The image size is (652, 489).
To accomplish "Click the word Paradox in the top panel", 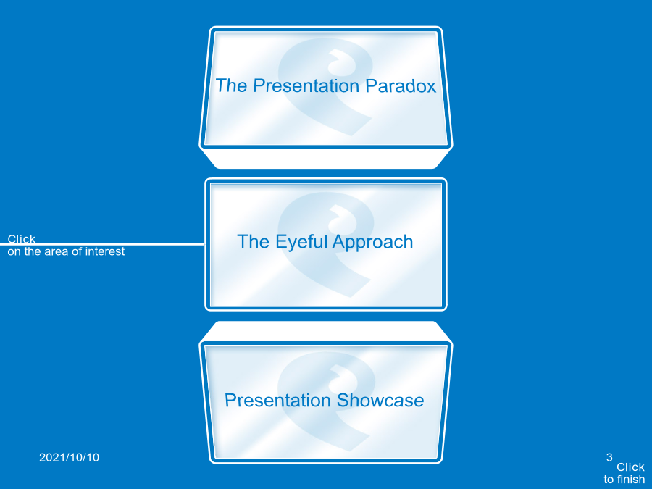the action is point(401,85).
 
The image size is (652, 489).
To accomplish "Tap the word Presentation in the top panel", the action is point(306,85).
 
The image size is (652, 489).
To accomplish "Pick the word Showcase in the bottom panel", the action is point(380,401).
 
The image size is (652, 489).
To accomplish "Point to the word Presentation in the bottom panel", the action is point(277,401).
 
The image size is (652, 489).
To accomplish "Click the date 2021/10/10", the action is point(69,457).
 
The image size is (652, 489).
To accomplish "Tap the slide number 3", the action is point(609,457).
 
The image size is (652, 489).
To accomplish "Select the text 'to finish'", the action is point(624,480).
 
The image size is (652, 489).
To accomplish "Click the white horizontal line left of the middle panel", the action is point(102,244).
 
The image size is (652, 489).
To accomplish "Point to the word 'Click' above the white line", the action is point(21,238).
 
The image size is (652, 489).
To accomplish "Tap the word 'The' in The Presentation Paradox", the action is point(231,85).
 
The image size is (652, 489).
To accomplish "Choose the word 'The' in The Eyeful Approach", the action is point(253,242).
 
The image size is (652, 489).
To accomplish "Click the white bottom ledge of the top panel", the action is point(326,159).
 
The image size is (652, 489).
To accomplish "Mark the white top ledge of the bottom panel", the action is point(326,331).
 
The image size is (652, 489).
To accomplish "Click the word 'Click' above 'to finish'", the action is point(630,467).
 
